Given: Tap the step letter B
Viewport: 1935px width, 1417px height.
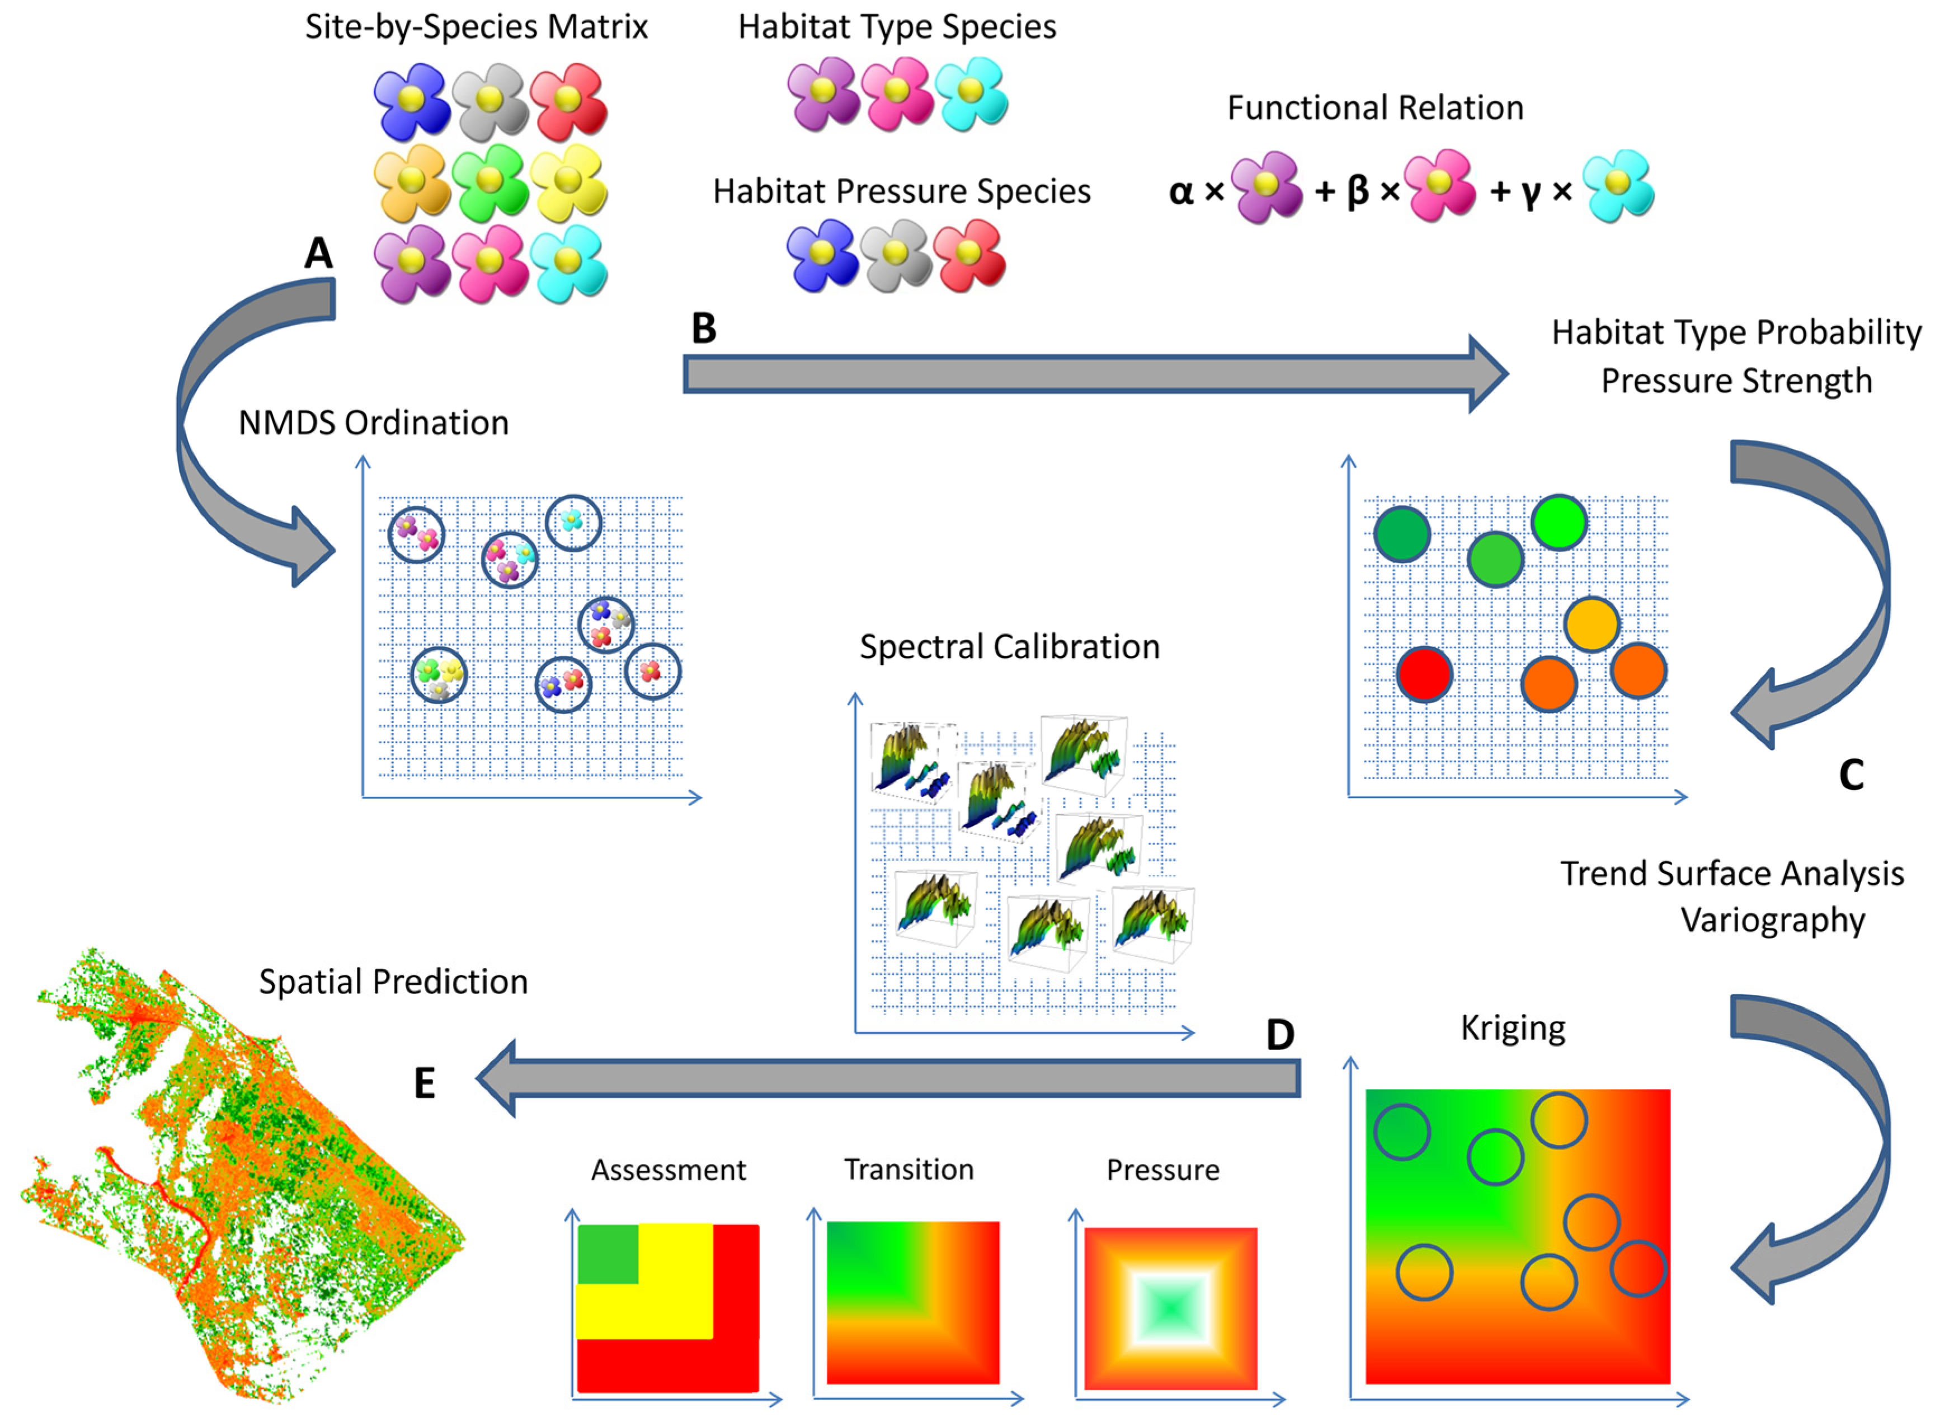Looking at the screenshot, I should [704, 327].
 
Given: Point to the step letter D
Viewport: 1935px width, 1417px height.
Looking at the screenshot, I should [1280, 1035].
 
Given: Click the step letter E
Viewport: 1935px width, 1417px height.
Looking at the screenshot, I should [425, 1083].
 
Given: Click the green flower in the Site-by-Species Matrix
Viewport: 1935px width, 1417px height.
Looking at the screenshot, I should [489, 181].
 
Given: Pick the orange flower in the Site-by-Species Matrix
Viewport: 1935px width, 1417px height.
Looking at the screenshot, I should [412, 181].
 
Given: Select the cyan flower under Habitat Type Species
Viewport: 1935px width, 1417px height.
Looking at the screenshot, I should [971, 93].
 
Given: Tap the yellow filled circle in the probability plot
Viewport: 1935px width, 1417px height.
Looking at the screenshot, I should [1591, 625].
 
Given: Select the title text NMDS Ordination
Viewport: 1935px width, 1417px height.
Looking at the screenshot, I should [373, 423].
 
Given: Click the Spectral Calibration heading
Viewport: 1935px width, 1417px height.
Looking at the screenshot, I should [1009, 647].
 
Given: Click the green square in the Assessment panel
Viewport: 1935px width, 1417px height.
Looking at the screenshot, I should [607, 1254].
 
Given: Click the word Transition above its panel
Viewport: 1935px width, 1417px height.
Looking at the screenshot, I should [909, 1170].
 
